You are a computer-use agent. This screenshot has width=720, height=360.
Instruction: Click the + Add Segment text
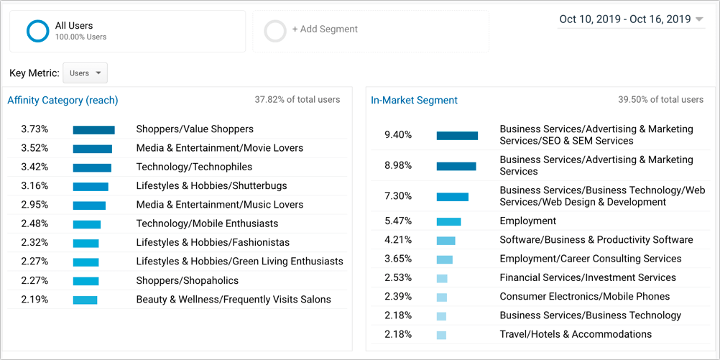click(325, 29)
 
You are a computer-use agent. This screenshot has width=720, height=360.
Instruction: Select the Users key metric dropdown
click(85, 73)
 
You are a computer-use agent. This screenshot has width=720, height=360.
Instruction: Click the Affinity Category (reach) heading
click(63, 100)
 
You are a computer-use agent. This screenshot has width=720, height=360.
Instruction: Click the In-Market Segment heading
click(414, 100)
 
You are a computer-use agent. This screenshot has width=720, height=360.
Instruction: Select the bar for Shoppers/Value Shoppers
click(93, 130)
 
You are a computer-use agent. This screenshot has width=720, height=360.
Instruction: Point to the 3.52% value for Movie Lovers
click(34, 148)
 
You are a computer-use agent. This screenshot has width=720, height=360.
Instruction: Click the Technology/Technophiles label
click(194, 167)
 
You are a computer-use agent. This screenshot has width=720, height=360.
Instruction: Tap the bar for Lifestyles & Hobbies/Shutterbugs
click(91, 186)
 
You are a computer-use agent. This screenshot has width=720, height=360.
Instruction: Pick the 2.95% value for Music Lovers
click(34, 204)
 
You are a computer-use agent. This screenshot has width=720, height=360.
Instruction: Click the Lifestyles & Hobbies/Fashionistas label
click(213, 242)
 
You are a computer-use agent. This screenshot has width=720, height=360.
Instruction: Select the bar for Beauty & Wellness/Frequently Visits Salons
click(85, 300)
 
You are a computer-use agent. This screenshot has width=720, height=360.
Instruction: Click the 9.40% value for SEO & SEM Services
click(398, 135)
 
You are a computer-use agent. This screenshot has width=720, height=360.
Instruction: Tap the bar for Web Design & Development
click(452, 197)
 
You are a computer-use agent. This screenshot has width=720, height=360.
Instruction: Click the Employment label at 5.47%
click(527, 221)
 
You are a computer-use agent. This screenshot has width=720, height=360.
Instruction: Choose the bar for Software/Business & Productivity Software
click(446, 241)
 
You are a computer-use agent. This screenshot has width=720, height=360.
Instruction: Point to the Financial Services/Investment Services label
click(588, 277)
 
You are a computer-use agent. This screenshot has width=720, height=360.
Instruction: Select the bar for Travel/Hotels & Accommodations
click(441, 335)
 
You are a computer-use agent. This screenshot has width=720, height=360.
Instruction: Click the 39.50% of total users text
click(660, 100)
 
